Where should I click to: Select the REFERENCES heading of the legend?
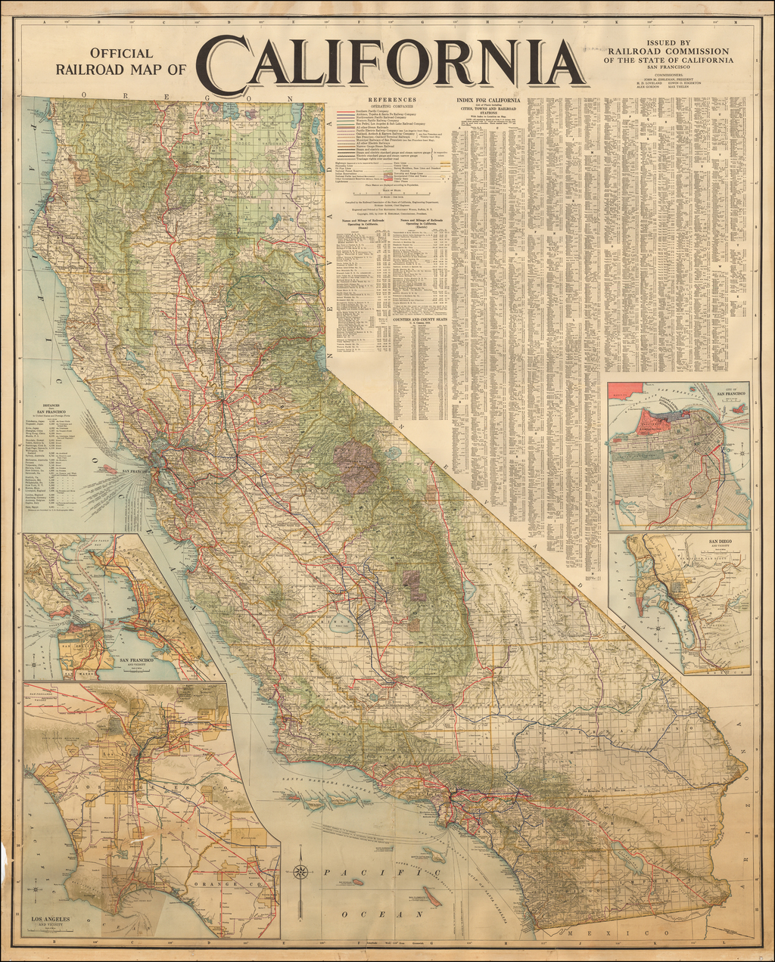[392, 100]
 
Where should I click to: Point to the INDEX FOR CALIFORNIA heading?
[488, 101]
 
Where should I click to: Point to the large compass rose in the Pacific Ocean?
[301, 871]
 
